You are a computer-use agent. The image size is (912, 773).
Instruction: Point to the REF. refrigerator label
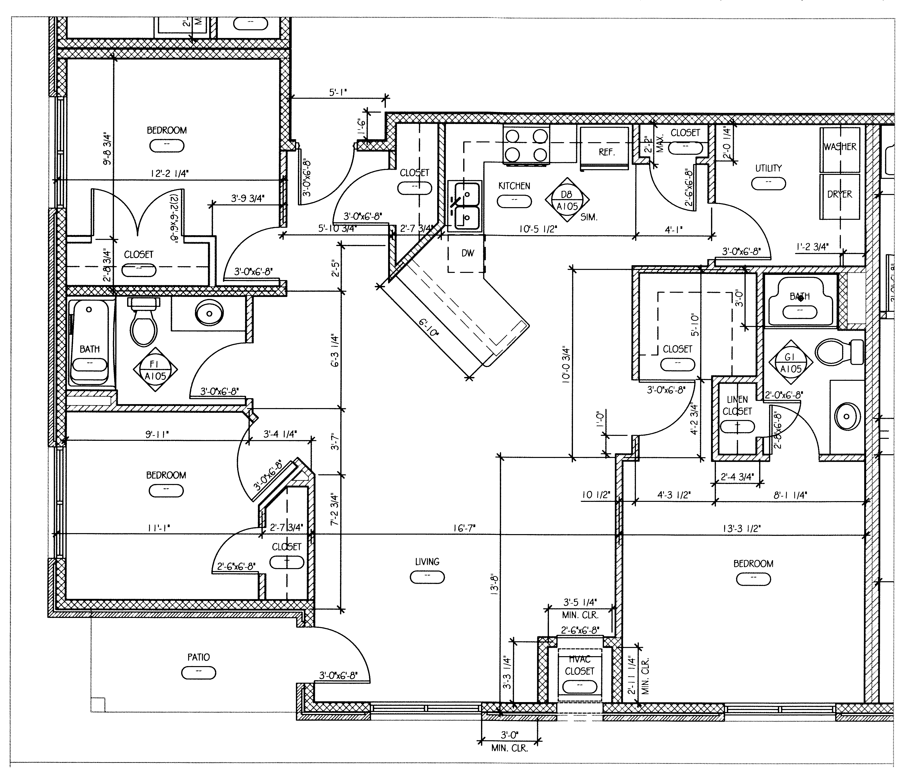pos(606,153)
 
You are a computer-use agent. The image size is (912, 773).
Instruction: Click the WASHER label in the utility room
pos(840,147)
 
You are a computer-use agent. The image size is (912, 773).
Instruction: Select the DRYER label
pos(839,194)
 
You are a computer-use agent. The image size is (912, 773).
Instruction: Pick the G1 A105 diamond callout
pos(790,363)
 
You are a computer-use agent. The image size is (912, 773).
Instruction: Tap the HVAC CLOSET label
pos(579,665)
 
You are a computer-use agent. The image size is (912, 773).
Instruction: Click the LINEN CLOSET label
pos(737,405)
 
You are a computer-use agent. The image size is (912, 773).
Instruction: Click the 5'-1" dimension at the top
pos(338,93)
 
